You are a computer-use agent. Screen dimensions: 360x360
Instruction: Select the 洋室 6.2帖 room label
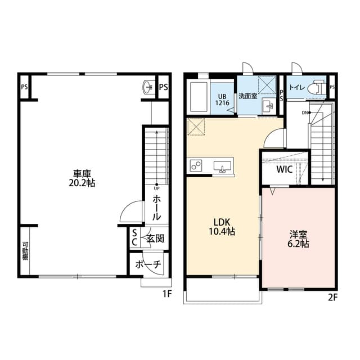[298, 239]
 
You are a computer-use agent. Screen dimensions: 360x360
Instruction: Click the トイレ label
[296, 88]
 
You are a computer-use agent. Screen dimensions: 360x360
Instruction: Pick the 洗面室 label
[247, 96]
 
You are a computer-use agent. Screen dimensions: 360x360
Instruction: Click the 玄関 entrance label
[155, 238]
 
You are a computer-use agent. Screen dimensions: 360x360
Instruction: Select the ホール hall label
[157, 208]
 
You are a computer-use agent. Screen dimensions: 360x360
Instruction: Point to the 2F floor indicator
[332, 298]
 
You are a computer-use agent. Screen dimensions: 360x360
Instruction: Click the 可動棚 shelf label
[25, 251]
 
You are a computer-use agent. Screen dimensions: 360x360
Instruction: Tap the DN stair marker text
[305, 113]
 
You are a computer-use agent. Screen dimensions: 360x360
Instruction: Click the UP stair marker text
[156, 188]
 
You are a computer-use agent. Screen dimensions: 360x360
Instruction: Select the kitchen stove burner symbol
[197, 166]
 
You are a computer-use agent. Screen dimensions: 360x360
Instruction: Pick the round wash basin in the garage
[148, 87]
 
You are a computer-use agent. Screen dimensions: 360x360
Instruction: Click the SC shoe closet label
[134, 237]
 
